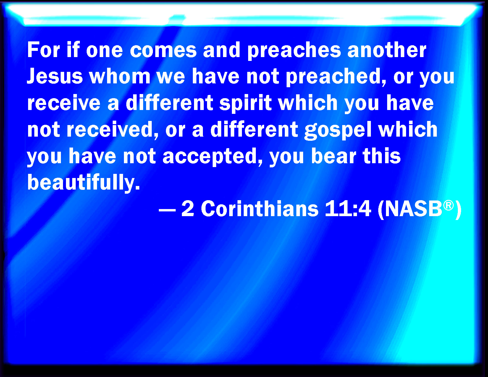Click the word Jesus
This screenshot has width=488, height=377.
click(55, 76)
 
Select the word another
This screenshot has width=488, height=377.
click(387, 50)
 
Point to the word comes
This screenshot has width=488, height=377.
click(163, 50)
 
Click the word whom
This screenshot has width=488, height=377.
click(120, 76)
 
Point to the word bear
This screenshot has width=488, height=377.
click(334, 156)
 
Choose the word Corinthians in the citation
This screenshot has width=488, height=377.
click(260, 209)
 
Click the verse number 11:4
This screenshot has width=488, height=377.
click(348, 209)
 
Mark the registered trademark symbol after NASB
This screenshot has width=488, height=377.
click(448, 205)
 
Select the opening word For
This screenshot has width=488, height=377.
click(43, 50)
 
